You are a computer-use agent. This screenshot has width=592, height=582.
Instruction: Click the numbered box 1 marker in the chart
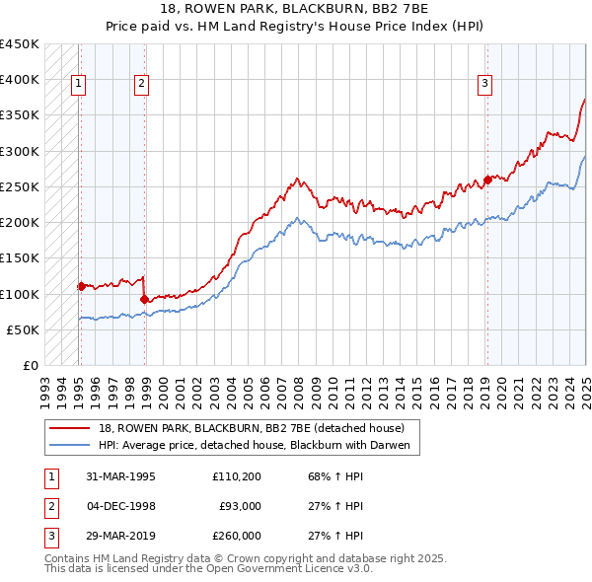click(x=77, y=85)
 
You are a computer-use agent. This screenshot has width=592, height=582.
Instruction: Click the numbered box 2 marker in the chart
click(x=142, y=85)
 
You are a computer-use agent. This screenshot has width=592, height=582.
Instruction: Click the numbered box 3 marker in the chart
click(x=485, y=85)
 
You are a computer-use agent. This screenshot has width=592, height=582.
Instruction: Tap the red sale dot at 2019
click(x=487, y=180)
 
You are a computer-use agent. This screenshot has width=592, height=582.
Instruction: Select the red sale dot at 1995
click(x=81, y=286)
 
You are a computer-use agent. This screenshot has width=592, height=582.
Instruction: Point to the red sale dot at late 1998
click(x=145, y=299)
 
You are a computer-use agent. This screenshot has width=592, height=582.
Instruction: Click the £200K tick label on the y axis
click(x=20, y=223)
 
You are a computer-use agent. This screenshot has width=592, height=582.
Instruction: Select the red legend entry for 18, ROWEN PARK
click(x=251, y=428)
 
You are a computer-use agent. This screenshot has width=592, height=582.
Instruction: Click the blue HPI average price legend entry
click(x=259, y=445)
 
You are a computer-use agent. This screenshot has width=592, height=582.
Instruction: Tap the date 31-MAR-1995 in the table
click(x=120, y=476)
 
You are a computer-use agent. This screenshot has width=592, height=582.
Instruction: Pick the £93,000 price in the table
click(x=240, y=506)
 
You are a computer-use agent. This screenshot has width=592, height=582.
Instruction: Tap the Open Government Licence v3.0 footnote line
click(x=208, y=569)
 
